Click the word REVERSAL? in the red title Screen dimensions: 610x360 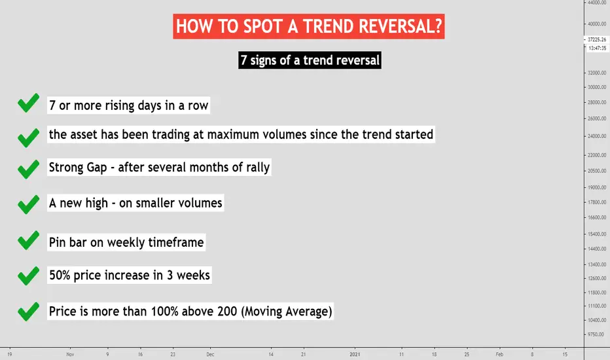(401, 26)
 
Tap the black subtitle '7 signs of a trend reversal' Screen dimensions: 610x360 (310, 60)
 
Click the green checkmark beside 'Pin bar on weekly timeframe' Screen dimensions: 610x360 (28, 240)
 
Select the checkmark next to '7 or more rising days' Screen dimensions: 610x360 (28, 103)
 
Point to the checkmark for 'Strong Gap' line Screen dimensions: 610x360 (28, 170)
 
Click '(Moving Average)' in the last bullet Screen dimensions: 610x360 (286, 312)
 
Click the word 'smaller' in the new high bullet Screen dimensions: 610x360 (158, 203)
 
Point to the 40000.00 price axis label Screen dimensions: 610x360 (597, 24)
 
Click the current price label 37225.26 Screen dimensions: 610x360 (597, 39)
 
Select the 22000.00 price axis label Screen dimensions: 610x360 (597, 155)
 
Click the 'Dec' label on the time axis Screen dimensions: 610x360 (210, 354)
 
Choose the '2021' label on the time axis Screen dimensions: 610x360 (355, 354)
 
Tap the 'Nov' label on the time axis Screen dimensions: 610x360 (70, 354)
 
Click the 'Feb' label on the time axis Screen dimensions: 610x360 (499, 354)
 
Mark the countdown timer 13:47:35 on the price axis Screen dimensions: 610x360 (598, 48)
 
